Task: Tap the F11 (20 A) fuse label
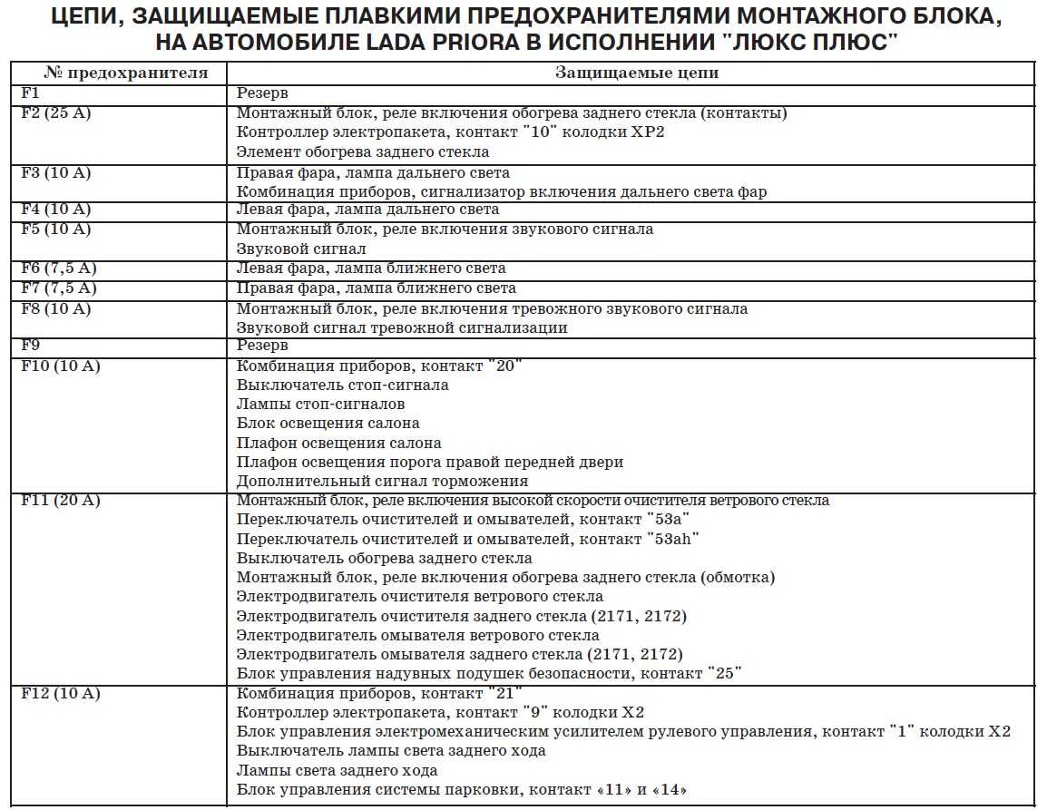point(60,501)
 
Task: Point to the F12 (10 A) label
point(60,694)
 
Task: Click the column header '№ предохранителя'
point(113,73)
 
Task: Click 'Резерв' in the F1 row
point(262,93)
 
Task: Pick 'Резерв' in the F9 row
point(262,346)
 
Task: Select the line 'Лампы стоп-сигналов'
point(320,404)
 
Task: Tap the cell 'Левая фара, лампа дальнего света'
point(367,210)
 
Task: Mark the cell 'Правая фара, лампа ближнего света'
point(376,288)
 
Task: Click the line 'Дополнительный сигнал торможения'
point(382,482)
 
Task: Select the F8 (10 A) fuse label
point(56,308)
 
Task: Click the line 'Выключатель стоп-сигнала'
point(342,385)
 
